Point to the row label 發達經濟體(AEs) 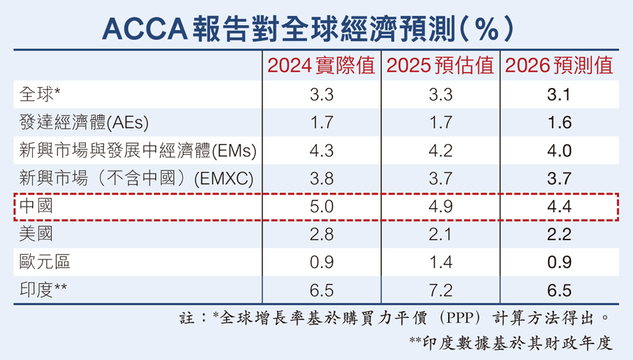84,123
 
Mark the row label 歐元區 45,262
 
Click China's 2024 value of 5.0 320,207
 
